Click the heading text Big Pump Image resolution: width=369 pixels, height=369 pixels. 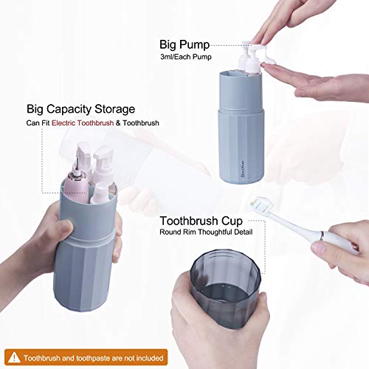tap(185, 44)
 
